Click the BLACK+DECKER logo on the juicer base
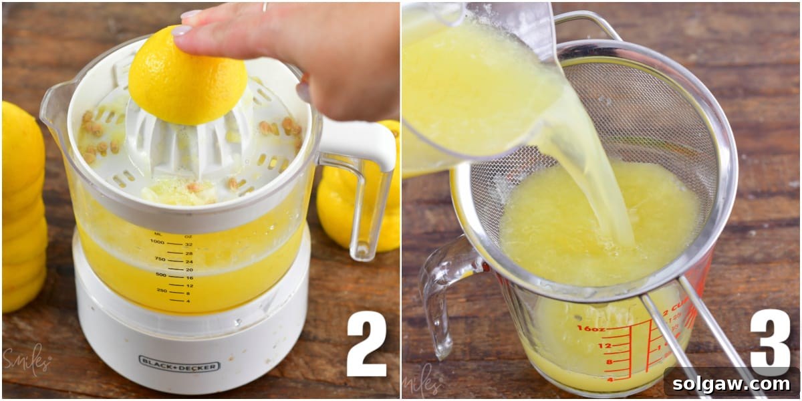(178, 363)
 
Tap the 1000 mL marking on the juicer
(158, 242)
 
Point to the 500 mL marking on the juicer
(160, 275)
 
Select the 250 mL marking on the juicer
(162, 290)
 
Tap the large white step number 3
(770, 341)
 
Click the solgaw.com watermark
(732, 384)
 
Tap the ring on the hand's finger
(265, 7)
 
